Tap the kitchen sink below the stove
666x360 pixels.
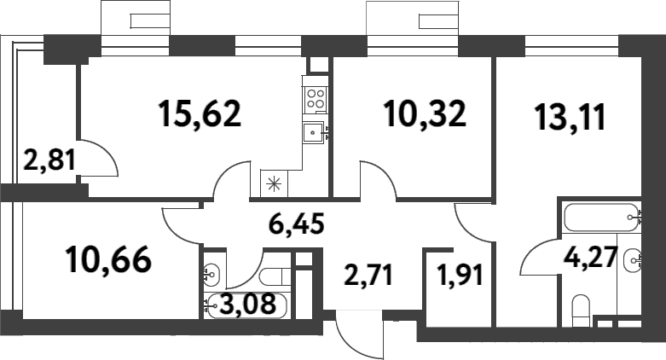click(315, 131)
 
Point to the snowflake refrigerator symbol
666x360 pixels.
click(274, 182)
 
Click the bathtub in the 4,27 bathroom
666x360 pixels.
click(600, 218)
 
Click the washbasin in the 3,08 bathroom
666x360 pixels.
click(213, 275)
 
